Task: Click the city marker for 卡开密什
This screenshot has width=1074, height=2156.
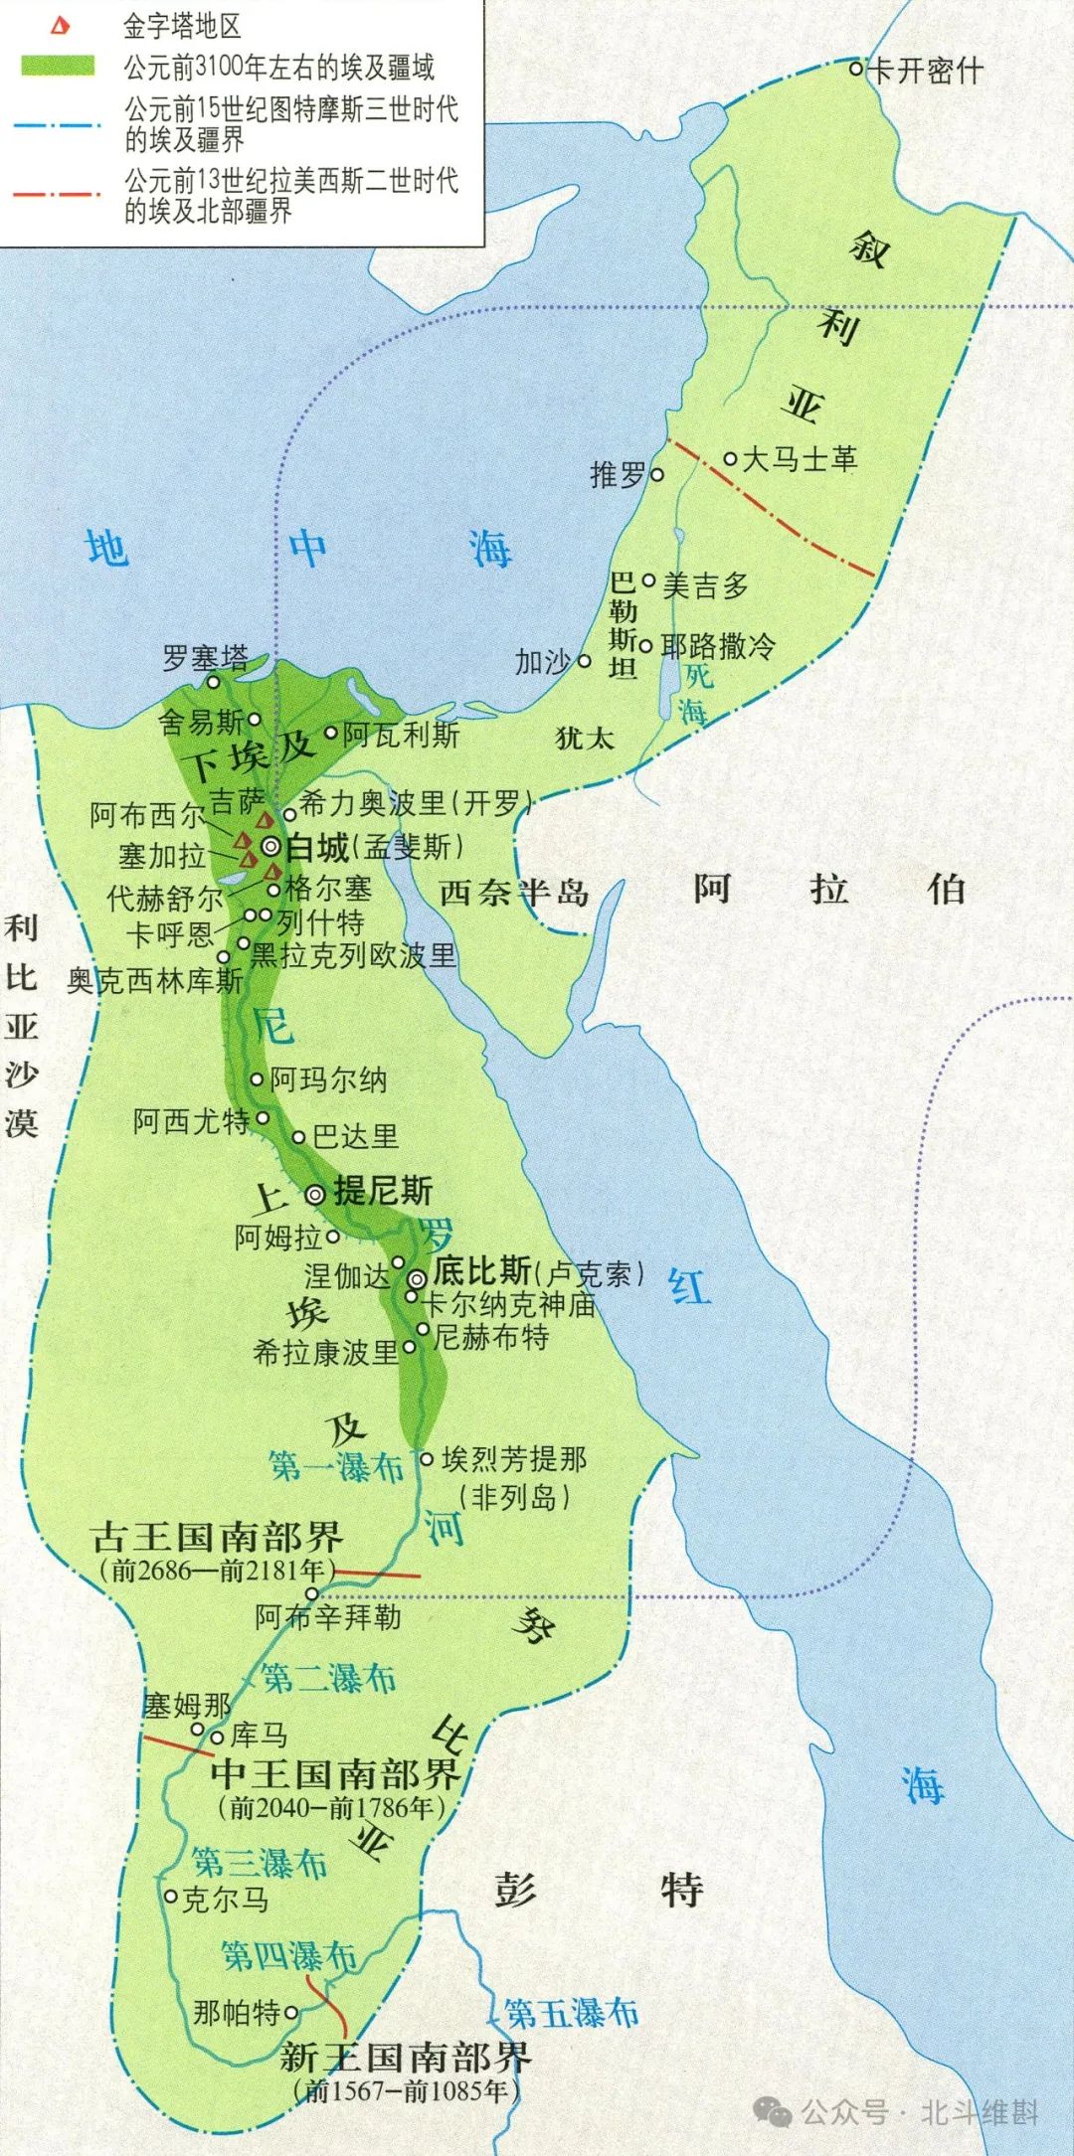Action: [x=856, y=69]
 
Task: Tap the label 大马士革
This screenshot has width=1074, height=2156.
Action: [x=800, y=459]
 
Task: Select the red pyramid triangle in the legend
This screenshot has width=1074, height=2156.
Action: [x=60, y=27]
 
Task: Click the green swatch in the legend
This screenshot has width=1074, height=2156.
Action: [x=59, y=67]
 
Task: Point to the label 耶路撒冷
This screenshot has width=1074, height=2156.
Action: [x=718, y=646]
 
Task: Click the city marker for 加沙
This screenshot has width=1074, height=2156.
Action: [x=585, y=661]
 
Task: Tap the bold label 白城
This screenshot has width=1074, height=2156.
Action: [x=317, y=848]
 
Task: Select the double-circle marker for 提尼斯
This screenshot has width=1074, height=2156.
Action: [x=315, y=1195]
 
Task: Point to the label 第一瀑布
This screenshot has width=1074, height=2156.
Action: [x=336, y=1466]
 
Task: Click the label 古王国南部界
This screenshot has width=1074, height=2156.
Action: [x=217, y=1537]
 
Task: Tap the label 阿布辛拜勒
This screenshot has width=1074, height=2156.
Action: [x=328, y=1617]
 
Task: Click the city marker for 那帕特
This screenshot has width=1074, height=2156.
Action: [x=291, y=2013]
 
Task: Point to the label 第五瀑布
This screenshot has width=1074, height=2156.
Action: [x=571, y=2014]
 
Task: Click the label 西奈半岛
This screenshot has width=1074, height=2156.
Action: [x=513, y=893]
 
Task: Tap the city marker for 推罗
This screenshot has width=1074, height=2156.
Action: [x=656, y=475]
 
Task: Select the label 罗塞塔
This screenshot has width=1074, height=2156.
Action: [x=206, y=658]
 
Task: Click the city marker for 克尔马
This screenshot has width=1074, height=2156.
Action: [x=171, y=1898]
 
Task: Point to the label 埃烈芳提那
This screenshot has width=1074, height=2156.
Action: [x=514, y=1459]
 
